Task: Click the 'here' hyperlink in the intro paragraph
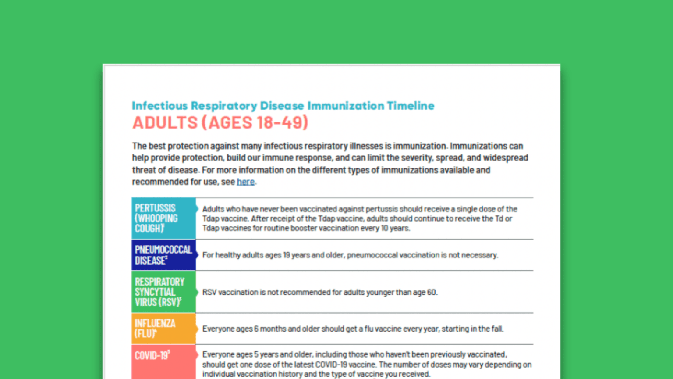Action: pos(245,182)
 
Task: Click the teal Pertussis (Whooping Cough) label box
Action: pos(164,218)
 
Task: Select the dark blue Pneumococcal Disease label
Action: pos(164,255)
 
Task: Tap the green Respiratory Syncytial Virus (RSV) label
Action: pos(164,292)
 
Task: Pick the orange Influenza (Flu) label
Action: pos(164,329)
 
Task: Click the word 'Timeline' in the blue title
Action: pos(411,106)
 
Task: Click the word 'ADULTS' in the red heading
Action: pos(165,123)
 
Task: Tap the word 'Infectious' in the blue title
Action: pos(160,106)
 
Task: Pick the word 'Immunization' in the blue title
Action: pos(346,106)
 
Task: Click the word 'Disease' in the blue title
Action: pos(282,106)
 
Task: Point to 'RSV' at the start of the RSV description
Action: pos(209,293)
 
